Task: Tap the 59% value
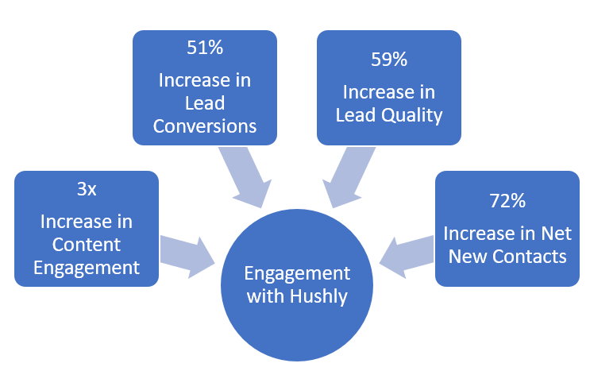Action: pos(388,59)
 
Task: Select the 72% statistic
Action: pos(507,202)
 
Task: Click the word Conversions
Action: pos(205,126)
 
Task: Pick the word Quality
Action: pos(412,114)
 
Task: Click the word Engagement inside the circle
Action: pos(297,274)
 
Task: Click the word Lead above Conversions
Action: pos(205,103)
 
